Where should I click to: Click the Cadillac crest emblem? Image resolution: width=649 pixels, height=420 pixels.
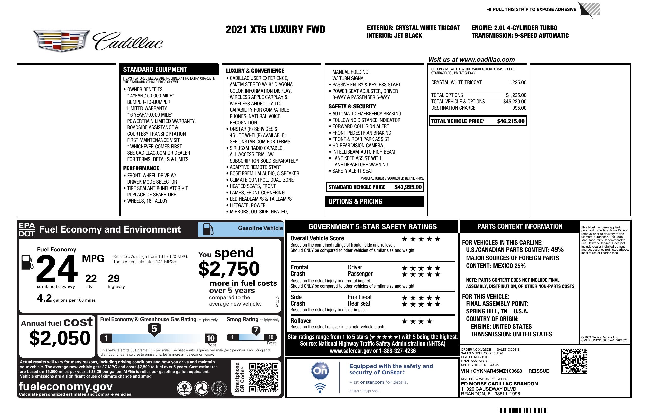[x=61, y=41]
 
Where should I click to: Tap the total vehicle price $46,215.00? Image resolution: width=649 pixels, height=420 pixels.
[x=511, y=121]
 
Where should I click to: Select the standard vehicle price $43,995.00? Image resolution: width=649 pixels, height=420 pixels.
[x=408, y=187]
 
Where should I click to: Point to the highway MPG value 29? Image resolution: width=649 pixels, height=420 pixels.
[x=114, y=279]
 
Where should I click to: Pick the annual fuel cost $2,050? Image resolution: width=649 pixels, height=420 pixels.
[x=60, y=338]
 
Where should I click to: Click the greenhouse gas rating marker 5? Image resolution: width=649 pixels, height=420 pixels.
[x=154, y=329]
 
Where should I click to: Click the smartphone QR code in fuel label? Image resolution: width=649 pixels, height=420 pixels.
[x=264, y=378]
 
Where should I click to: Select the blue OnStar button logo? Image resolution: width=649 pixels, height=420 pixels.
[x=320, y=371]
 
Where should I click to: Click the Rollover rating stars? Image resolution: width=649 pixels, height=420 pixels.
[x=417, y=321]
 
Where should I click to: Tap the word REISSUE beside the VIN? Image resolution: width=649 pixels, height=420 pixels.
[x=539, y=371]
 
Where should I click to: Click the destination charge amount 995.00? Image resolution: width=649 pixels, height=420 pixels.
[x=519, y=108]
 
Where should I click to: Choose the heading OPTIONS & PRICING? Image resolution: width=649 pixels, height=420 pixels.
[x=355, y=201]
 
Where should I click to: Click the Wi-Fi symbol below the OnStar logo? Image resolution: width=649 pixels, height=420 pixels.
[x=320, y=388]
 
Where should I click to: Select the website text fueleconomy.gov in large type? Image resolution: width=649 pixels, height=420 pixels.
[x=66, y=386]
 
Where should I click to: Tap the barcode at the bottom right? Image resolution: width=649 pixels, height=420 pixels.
[x=522, y=410]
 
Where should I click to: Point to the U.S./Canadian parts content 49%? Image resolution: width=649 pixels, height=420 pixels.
[x=557, y=249]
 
